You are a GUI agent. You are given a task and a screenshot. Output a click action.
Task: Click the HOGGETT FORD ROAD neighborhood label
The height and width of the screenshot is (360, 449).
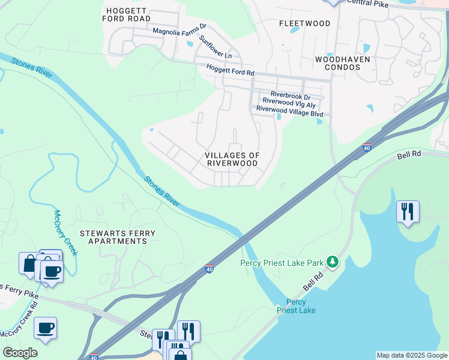tap(128, 14)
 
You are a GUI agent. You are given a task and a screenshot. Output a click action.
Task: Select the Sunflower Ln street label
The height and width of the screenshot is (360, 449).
tap(215, 47)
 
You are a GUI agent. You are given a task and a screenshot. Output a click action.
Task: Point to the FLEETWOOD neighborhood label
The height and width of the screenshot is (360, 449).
tap(305, 23)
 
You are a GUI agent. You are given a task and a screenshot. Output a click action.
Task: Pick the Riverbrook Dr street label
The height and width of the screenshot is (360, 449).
tap(290, 95)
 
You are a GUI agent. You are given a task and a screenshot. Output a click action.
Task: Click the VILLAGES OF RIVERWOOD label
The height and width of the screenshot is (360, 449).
tap(233, 159)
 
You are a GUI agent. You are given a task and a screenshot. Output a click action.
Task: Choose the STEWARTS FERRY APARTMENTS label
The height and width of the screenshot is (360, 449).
tap(118, 237)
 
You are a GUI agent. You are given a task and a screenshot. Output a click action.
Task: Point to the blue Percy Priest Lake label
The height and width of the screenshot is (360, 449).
tap(296, 306)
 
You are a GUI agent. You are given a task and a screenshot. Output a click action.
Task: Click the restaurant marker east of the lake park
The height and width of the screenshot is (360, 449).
tap(408, 211)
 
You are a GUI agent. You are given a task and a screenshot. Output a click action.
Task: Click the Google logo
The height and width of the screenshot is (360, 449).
tap(20, 353)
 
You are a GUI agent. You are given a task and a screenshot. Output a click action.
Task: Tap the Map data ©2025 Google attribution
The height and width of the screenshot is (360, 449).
tap(411, 355)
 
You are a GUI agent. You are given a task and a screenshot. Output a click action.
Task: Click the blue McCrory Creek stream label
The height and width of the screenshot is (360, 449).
tap(65, 232)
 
